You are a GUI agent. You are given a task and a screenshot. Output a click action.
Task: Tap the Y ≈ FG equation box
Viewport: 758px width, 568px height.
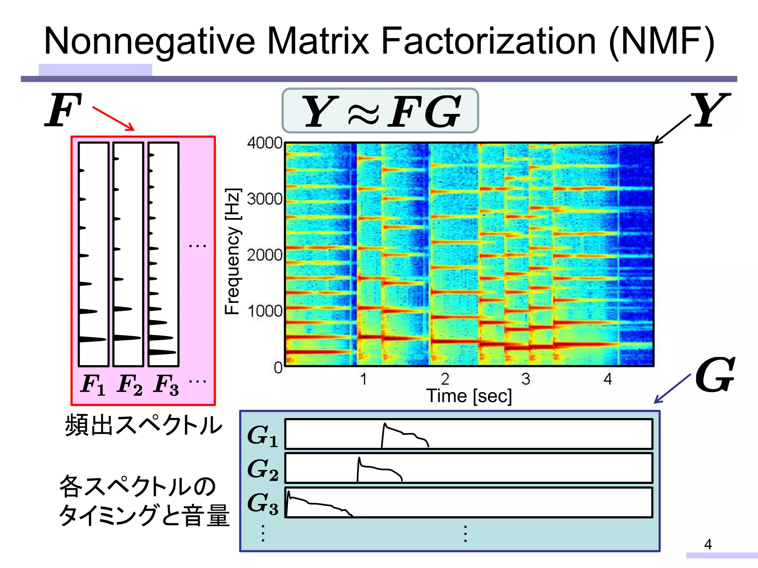tap(380, 111)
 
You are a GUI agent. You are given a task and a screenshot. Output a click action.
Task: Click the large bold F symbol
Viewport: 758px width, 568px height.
tap(63, 110)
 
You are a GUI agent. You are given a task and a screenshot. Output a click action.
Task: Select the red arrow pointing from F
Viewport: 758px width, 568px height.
tap(113, 118)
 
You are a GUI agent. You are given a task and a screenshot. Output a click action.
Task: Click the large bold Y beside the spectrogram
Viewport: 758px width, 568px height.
tap(711, 110)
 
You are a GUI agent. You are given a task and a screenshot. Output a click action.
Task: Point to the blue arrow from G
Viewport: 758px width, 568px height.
tap(672, 389)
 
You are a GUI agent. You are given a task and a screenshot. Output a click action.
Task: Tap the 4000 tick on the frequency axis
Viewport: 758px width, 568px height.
tap(265, 143)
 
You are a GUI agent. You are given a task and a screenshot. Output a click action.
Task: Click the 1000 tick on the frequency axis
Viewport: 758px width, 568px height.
tap(265, 311)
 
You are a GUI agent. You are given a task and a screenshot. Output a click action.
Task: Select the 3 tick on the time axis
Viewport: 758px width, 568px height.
tap(526, 379)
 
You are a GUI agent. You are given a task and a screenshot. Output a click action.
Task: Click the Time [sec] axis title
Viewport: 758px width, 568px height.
tap(469, 396)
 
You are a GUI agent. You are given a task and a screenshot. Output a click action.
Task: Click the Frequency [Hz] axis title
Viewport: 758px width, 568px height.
tap(233, 251)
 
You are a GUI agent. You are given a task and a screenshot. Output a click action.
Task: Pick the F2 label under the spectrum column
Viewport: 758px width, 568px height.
tap(129, 385)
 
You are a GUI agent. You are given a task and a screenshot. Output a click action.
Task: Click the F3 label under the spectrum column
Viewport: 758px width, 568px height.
tap(166, 385)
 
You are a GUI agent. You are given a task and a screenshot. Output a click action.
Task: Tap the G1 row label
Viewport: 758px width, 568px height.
tap(262, 436)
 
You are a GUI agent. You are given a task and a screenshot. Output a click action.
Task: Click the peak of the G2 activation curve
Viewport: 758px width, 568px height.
tap(359, 459)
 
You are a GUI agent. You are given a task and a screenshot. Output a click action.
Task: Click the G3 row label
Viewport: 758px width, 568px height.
tap(262, 503)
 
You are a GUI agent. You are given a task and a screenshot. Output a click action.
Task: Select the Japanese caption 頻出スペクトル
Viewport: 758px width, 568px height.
tap(144, 425)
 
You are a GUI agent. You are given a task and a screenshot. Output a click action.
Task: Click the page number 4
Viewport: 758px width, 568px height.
tap(708, 544)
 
